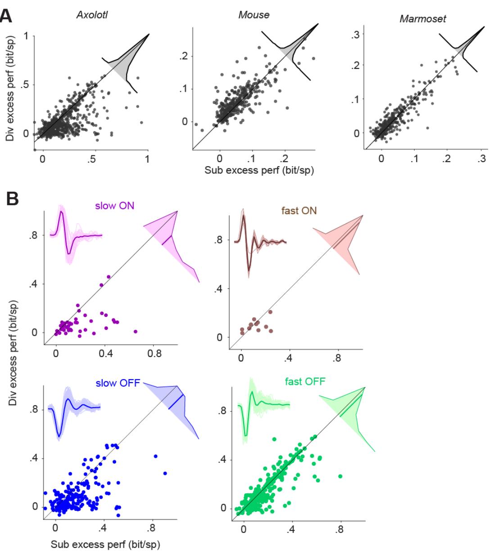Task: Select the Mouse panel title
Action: tap(254, 15)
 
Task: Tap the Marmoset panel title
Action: tap(417, 19)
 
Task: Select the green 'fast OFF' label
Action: tap(305, 383)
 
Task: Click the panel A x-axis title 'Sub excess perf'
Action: tap(254, 170)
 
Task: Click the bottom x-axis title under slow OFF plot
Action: tap(106, 544)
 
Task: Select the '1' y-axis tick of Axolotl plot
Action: tap(26, 36)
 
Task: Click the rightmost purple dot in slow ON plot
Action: tap(135, 332)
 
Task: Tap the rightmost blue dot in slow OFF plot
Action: tap(165, 473)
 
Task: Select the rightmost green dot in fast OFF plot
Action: tap(340, 476)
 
